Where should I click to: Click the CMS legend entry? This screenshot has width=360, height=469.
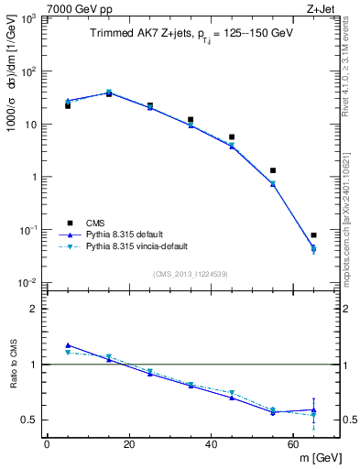point(94,223)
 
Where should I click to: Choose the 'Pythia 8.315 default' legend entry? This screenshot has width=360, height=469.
point(127,234)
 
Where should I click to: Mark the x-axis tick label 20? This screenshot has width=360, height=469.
point(129,444)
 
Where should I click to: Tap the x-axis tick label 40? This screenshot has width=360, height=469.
point(211,444)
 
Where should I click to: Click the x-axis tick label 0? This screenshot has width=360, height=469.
point(47,444)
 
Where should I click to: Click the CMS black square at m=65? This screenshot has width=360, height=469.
point(313,235)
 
